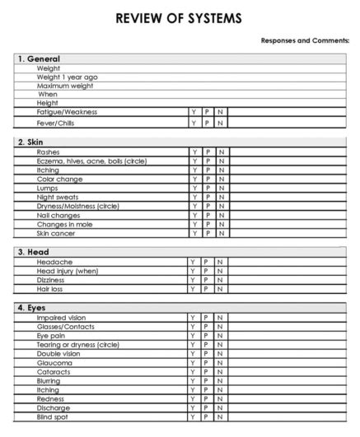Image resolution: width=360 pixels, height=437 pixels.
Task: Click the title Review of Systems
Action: click(x=180, y=18)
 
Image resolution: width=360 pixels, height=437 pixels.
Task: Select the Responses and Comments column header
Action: click(x=305, y=40)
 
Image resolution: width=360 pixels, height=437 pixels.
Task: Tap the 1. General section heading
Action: click(x=40, y=59)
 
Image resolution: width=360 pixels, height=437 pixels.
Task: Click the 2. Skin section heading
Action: click(x=34, y=142)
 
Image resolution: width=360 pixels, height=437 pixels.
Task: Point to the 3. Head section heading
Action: click(x=35, y=251)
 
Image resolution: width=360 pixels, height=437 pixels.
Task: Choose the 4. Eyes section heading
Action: click(x=35, y=308)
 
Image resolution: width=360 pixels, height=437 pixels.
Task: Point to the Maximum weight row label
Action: click(x=65, y=86)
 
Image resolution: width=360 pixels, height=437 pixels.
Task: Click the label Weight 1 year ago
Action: click(x=67, y=77)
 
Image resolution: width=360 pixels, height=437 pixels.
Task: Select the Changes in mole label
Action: click(x=68, y=224)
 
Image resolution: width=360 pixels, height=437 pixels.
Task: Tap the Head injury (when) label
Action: click(x=68, y=271)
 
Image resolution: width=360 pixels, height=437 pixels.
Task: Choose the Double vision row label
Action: click(x=61, y=354)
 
